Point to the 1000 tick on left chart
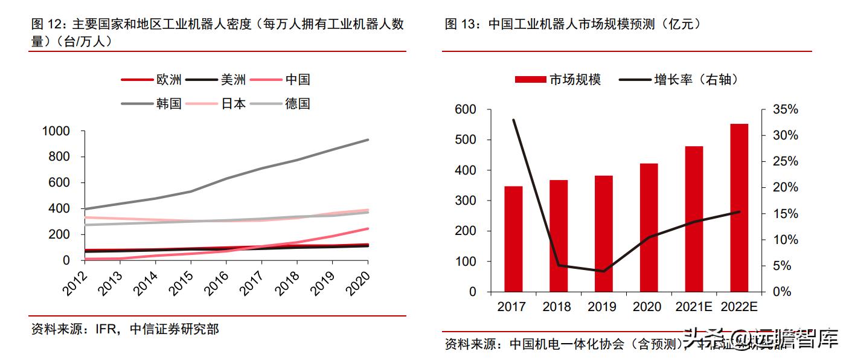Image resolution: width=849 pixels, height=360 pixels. tap(56, 131)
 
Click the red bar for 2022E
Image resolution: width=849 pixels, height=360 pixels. tap(739, 208)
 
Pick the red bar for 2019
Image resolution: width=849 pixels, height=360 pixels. tap(603, 233)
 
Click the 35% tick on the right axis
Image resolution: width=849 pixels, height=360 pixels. tap(786, 110)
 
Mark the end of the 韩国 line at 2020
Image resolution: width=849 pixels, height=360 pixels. tap(368, 140)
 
